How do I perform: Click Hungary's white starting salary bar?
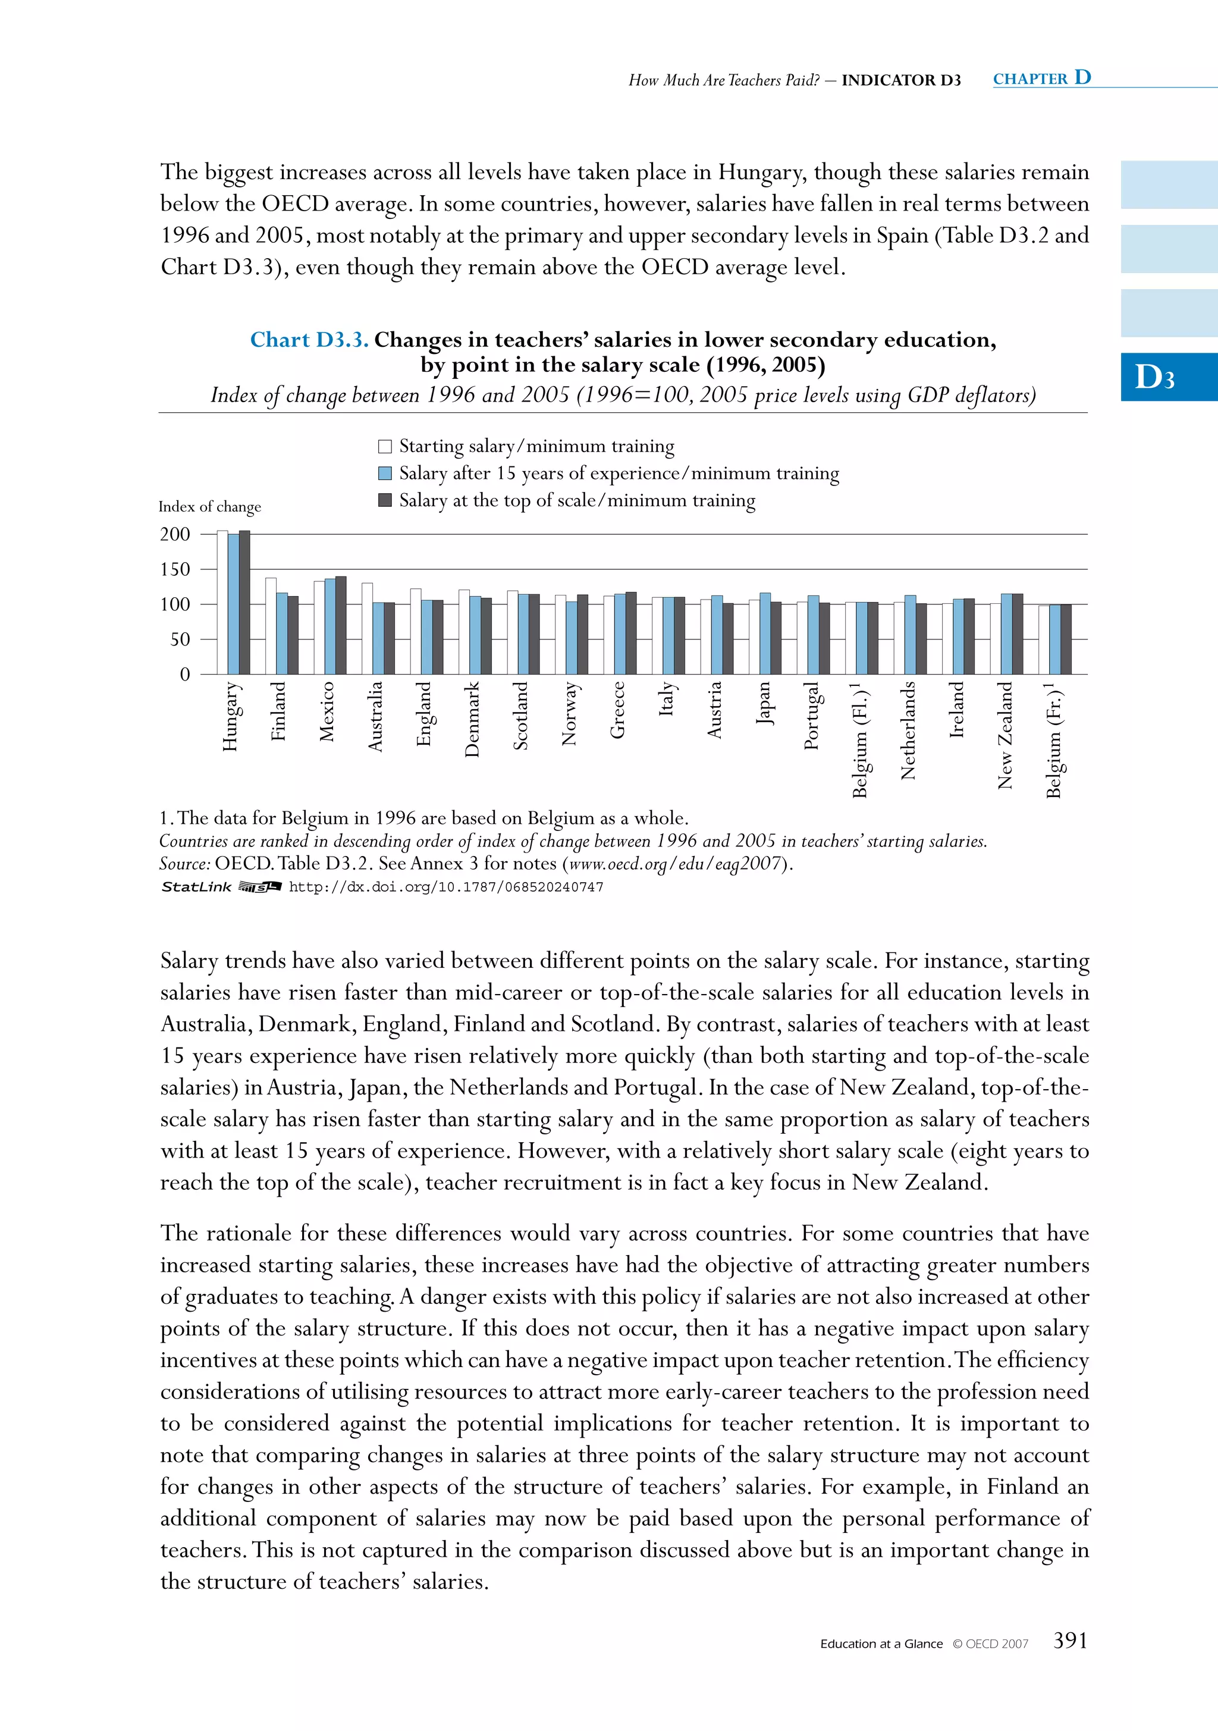click(222, 603)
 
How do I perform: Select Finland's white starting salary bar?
click(271, 626)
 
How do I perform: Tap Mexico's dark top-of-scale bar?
click(341, 625)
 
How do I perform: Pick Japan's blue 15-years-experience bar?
click(765, 634)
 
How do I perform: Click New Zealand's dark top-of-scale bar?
click(1018, 634)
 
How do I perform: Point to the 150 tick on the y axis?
click(175, 569)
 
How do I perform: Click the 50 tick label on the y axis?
click(180, 639)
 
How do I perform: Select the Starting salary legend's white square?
click(384, 446)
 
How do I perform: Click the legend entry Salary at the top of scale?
click(577, 501)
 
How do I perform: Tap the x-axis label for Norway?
click(569, 713)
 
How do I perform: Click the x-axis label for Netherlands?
click(908, 730)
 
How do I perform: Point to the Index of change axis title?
click(209, 507)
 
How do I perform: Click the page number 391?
click(1069, 1641)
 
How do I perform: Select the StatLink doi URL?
click(445, 888)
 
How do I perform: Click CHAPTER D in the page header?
click(1041, 79)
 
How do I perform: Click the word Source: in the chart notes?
click(184, 863)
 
